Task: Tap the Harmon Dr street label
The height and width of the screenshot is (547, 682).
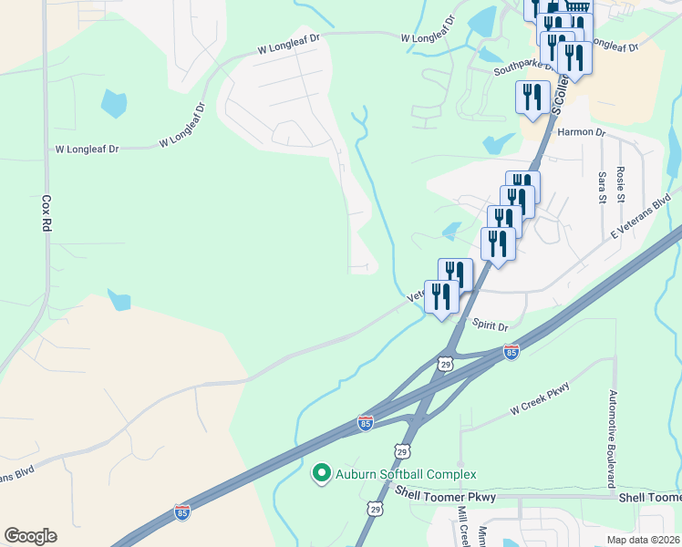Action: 581,132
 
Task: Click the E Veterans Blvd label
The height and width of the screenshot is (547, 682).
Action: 640,215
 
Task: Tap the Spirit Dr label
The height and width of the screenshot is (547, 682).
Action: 490,325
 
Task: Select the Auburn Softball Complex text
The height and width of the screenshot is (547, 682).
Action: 406,474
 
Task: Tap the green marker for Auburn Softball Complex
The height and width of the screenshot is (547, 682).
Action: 321,473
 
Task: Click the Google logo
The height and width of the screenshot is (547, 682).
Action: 30,536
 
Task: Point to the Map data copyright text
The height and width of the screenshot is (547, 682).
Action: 643,540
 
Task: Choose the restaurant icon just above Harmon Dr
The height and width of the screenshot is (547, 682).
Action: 532,98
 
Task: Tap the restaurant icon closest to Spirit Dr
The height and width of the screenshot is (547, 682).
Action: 441,296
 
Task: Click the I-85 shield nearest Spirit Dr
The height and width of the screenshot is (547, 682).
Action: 511,352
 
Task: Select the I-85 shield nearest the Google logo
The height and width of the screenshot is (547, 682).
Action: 182,512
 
